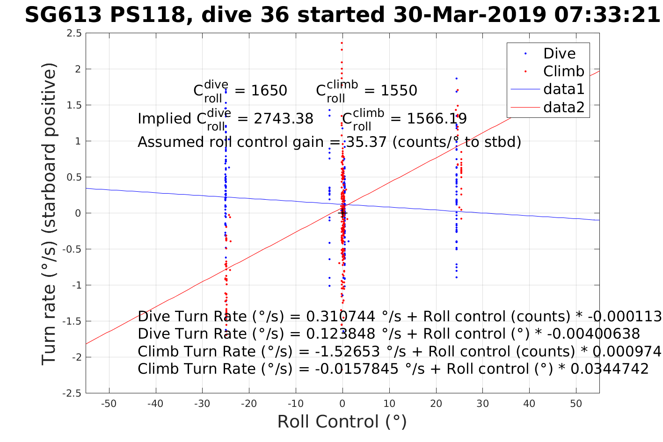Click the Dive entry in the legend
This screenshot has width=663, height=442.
tap(559, 54)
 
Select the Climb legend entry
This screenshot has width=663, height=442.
tap(563, 72)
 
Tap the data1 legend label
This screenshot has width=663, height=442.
tap(564, 89)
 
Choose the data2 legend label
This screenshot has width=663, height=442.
tap(564, 108)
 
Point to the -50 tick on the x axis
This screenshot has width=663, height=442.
tap(109, 404)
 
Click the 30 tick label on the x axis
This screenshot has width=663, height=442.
tap(482, 404)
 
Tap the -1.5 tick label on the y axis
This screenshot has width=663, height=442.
tap(73, 321)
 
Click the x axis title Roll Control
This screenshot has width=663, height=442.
tap(342, 422)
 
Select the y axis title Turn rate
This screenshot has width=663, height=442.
tap(50, 213)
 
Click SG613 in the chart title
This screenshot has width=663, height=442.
tap(63, 15)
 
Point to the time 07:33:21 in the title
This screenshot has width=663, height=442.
tap(606, 15)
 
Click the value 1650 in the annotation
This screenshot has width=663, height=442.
tap(269, 90)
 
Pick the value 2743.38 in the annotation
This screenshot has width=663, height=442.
tap(284, 119)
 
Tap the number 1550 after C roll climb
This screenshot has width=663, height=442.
tap(399, 90)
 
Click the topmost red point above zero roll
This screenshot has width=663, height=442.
tap(342, 43)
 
